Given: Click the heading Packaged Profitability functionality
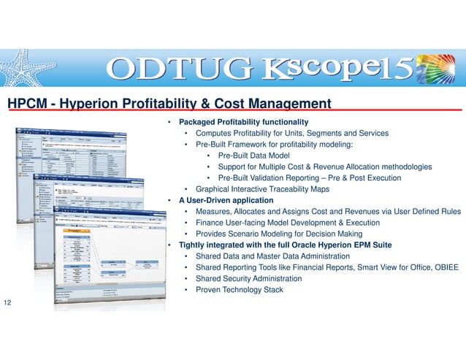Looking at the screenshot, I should coord(243,121).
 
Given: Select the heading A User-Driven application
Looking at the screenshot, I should coord(226,200).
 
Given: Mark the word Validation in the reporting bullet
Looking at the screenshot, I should coord(278,177).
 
